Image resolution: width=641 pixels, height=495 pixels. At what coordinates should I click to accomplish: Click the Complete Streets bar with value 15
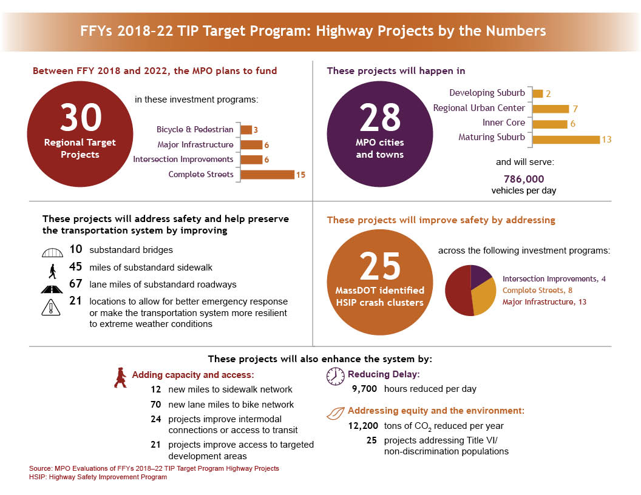(x=267, y=175)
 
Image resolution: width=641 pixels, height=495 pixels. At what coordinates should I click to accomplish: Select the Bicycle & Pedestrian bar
(x=246, y=130)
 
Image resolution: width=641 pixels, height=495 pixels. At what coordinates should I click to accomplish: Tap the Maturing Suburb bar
(x=566, y=139)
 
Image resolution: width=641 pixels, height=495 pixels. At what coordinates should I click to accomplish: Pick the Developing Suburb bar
(x=537, y=93)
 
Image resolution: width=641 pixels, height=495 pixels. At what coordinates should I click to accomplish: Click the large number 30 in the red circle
(x=80, y=118)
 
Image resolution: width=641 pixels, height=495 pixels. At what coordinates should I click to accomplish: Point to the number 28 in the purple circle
(x=380, y=118)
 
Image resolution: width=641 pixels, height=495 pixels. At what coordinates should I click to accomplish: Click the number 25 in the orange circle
(x=380, y=265)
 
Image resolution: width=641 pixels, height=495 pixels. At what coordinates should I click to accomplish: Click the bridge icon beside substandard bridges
(x=53, y=250)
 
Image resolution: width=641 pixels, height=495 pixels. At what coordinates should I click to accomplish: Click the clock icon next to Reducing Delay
(x=335, y=376)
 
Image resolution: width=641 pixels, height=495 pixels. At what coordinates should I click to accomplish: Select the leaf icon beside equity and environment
(x=335, y=414)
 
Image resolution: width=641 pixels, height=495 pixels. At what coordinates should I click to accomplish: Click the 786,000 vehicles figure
(x=524, y=179)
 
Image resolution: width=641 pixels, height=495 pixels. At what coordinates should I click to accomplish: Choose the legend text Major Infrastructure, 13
(x=544, y=301)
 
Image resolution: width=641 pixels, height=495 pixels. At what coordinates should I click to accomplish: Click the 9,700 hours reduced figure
(x=365, y=389)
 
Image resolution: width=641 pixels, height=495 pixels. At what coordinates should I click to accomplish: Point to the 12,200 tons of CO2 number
(x=364, y=426)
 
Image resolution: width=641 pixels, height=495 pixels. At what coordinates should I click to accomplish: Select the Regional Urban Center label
(x=478, y=108)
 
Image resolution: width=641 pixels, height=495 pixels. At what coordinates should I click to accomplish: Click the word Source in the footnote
(x=40, y=469)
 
